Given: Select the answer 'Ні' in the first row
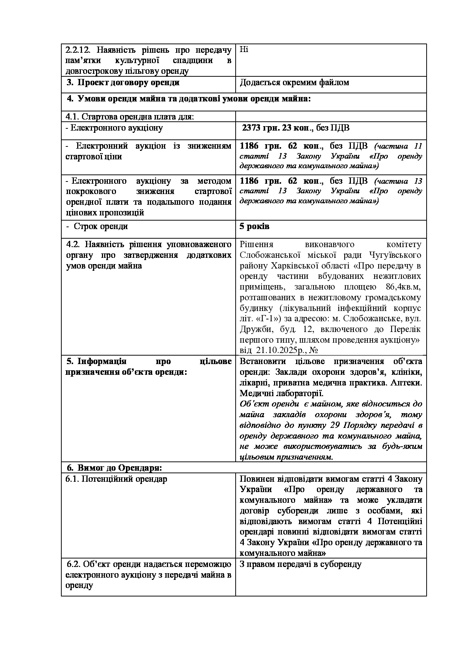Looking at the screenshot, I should click(244, 49).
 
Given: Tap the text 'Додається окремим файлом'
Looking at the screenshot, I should click(294, 83).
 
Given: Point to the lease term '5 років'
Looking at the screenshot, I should click(254, 226).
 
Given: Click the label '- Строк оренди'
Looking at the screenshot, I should click(97, 226).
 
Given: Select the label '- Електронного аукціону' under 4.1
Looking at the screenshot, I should click(114, 128).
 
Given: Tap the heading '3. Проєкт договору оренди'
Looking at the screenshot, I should click(123, 83).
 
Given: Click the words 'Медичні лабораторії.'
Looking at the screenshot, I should click(281, 393).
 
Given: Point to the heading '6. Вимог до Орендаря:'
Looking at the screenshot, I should click(115, 468).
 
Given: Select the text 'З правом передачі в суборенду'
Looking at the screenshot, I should click(301, 564).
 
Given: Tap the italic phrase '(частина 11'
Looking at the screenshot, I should click(397, 146).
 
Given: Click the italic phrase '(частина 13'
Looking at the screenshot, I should click(397, 181).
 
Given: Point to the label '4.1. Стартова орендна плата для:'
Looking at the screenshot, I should click(130, 117).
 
